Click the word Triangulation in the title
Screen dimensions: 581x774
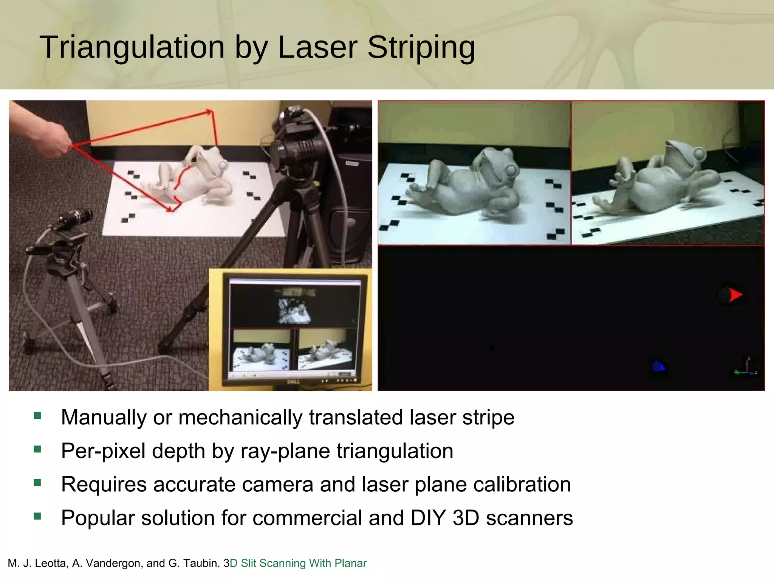pos(132,47)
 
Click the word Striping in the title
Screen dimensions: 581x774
pos(421,48)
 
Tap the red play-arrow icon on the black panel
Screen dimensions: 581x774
pos(735,295)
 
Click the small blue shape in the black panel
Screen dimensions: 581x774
pos(658,366)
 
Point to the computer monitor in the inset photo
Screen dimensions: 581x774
pos(294,329)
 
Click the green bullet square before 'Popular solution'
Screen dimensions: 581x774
pos(37,516)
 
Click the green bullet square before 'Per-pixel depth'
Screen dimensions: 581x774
pos(37,449)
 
